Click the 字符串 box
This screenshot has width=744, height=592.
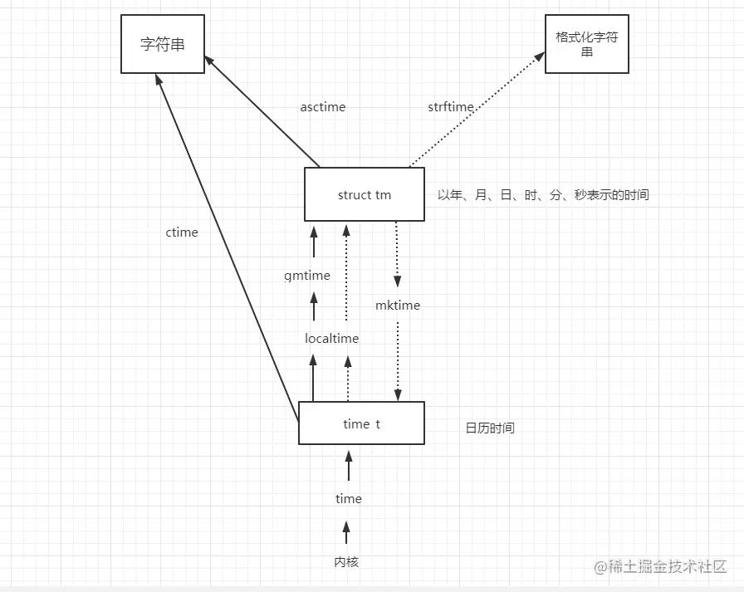(x=162, y=44)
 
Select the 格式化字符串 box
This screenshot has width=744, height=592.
(x=586, y=44)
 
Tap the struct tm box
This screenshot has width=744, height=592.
(x=364, y=195)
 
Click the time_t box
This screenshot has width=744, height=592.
(x=361, y=423)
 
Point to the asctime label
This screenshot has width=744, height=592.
(x=323, y=107)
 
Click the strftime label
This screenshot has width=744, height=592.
(x=451, y=107)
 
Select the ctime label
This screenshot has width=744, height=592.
(x=182, y=232)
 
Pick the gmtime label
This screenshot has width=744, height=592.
(x=307, y=276)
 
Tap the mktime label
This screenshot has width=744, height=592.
(x=398, y=306)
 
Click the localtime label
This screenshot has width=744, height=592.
(x=332, y=339)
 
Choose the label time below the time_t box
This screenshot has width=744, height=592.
(x=349, y=499)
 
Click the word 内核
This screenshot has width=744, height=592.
(x=346, y=562)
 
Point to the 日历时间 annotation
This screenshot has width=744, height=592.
(x=490, y=428)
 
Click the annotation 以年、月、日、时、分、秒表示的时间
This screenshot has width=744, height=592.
(x=543, y=195)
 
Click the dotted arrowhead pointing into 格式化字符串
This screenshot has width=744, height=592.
(x=540, y=56)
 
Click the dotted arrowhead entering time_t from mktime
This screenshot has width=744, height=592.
(x=398, y=394)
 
